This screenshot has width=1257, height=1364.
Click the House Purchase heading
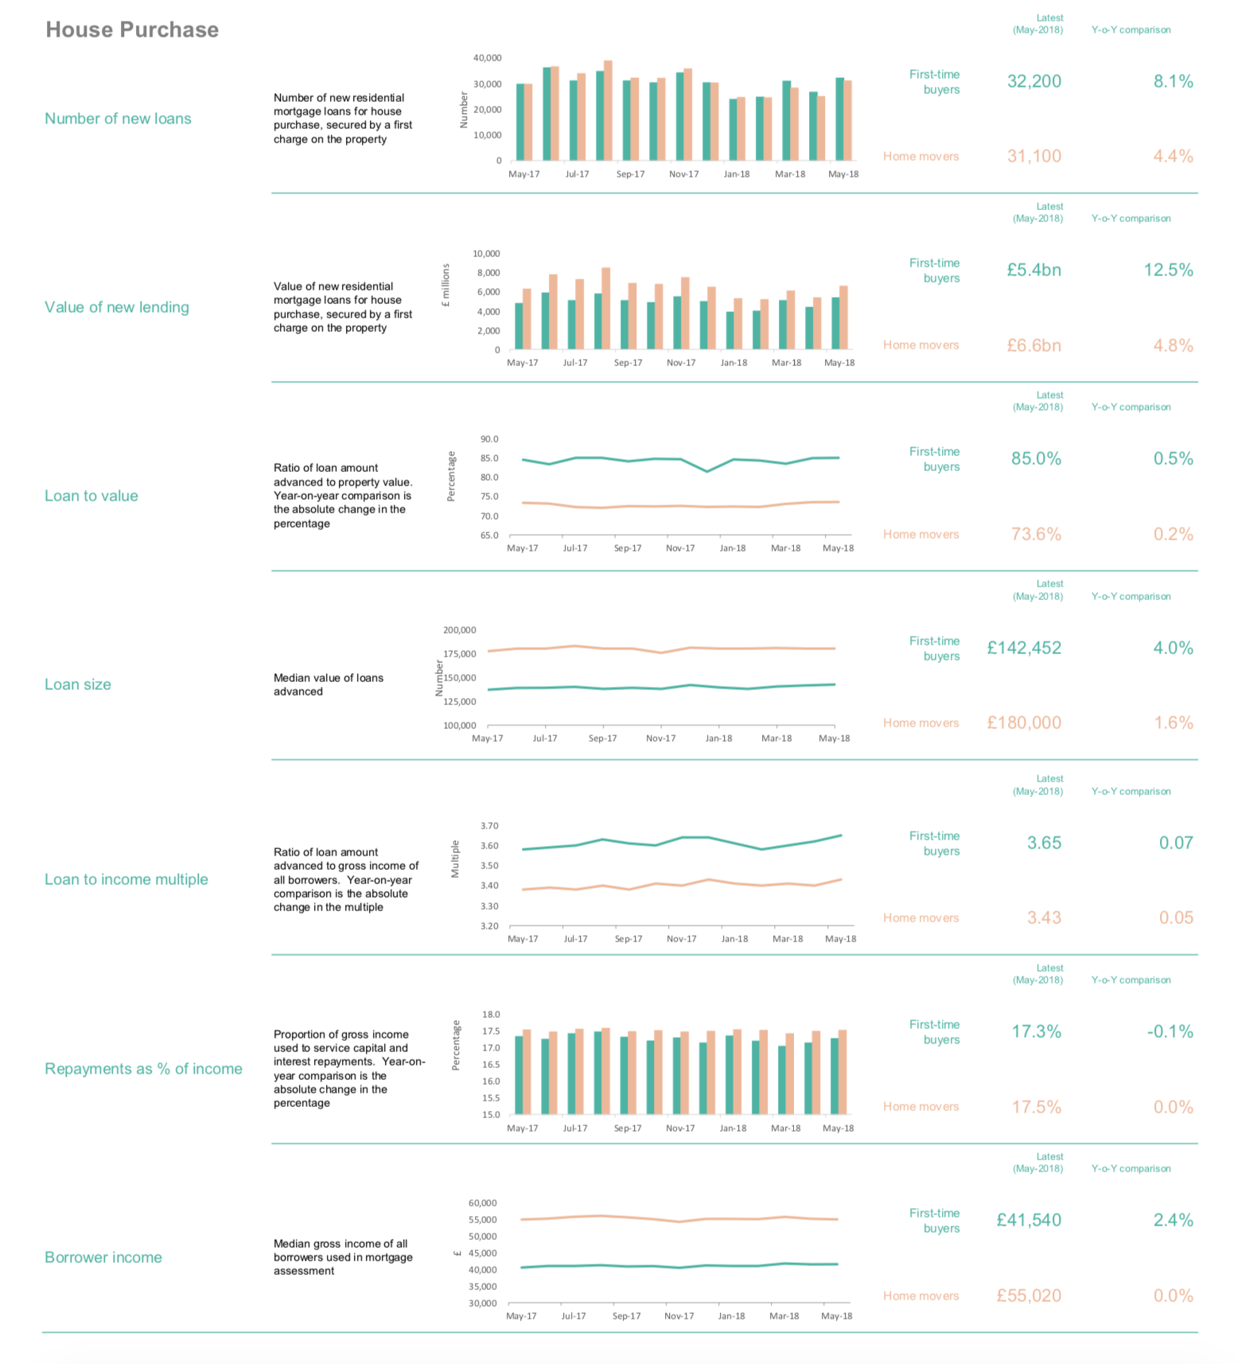point(132,29)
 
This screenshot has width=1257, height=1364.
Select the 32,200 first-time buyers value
point(1033,81)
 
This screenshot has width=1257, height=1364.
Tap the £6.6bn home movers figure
point(1033,345)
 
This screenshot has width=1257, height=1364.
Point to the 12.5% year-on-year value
point(1168,270)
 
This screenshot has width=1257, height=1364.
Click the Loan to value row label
point(91,496)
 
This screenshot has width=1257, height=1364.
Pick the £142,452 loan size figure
point(1024,648)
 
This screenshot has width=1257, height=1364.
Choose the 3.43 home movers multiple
point(1044,918)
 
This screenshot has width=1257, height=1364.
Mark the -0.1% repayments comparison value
point(1169,1031)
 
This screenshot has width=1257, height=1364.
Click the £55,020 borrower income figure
point(1029,1296)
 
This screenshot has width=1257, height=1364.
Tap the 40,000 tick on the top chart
point(487,58)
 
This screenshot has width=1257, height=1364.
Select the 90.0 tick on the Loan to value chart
point(489,439)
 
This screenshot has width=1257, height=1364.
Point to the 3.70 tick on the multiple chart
point(489,826)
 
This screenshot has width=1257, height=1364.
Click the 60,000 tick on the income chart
point(482,1203)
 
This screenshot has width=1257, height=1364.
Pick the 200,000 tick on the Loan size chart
point(459,630)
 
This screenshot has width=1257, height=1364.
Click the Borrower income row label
point(103,1257)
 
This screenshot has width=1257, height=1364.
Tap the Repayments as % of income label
point(143,1069)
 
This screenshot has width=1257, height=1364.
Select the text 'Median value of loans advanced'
point(328,684)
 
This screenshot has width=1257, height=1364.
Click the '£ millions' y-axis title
point(446,286)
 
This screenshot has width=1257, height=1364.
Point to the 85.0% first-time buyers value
point(1036,458)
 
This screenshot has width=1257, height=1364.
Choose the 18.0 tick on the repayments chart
point(491,1015)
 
